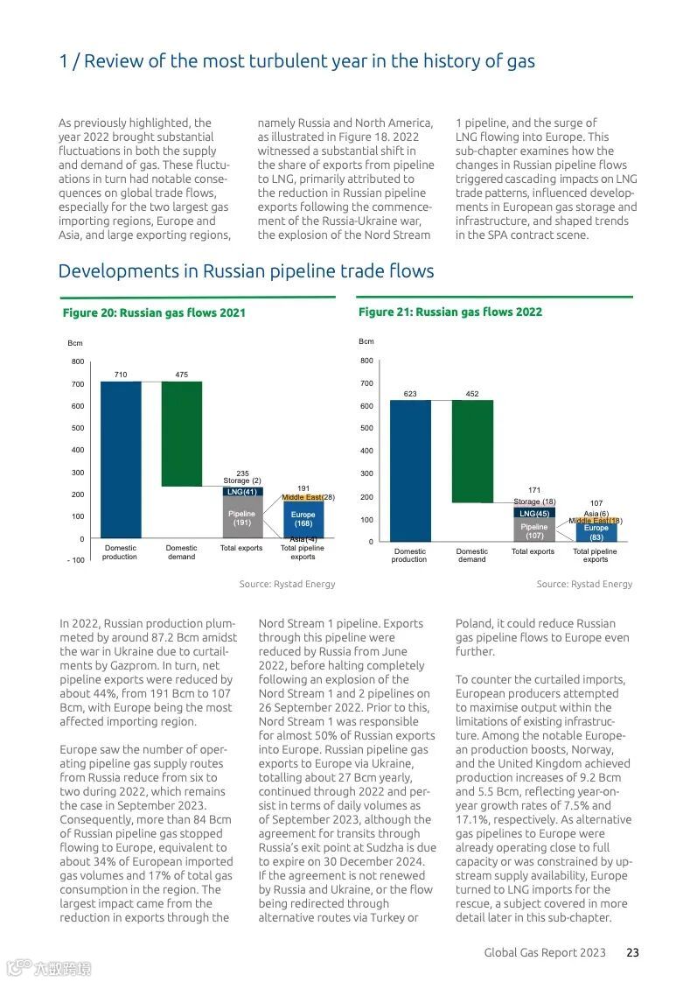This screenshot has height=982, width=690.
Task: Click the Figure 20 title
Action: click(x=154, y=312)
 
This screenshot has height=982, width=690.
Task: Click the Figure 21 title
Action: click(x=450, y=312)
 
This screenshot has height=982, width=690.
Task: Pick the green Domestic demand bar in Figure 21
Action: click(x=472, y=451)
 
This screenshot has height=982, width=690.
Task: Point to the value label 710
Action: click(x=121, y=375)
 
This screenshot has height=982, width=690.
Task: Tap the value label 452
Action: click(x=472, y=394)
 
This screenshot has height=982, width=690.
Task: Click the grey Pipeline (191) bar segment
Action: click(x=242, y=517)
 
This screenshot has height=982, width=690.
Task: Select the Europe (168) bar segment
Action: click(x=303, y=519)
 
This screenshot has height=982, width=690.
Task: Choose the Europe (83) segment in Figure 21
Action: click(x=596, y=532)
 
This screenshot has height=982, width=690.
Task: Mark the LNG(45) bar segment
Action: click(x=533, y=513)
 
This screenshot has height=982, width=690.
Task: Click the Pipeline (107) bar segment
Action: click(x=533, y=530)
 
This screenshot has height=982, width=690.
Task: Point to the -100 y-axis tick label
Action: click(x=76, y=560)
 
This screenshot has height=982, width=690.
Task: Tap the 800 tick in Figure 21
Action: click(x=366, y=361)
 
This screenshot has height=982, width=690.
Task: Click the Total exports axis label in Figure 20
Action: click(x=241, y=549)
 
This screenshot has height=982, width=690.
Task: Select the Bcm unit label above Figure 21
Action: click(x=366, y=341)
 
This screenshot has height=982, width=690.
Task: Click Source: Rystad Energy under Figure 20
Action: click(x=288, y=584)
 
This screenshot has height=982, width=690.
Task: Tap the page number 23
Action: click(x=632, y=952)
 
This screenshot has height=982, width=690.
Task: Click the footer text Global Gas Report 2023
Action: click(x=545, y=952)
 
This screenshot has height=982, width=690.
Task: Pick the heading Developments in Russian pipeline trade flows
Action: click(x=246, y=270)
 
